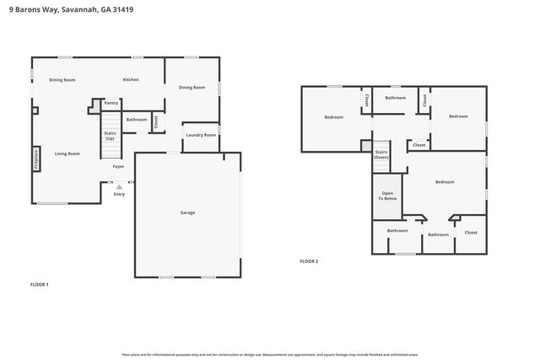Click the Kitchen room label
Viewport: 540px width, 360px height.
point(131,79)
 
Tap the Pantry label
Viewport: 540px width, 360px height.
point(111,103)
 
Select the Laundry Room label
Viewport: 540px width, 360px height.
point(201,135)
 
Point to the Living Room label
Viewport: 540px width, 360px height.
point(67,153)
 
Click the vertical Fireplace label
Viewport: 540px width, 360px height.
point(35,159)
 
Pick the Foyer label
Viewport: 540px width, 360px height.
point(119,166)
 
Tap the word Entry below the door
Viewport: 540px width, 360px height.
point(119,193)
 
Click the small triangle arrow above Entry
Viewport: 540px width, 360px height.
point(119,186)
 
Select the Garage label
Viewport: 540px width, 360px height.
point(187,212)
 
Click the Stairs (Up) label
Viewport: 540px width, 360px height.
point(110,136)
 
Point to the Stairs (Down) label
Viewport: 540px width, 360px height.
point(381,155)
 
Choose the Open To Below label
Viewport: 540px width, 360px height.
point(386,196)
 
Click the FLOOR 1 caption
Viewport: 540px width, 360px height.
point(40,284)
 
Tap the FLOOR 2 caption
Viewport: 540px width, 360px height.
point(309,261)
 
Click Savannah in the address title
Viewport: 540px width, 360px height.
point(82,9)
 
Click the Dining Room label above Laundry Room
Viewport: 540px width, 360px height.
point(192,87)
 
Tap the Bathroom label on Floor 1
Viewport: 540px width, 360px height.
point(137,119)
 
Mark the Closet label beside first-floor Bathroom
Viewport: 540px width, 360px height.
point(156,122)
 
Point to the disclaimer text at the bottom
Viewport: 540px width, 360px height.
point(270,354)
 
